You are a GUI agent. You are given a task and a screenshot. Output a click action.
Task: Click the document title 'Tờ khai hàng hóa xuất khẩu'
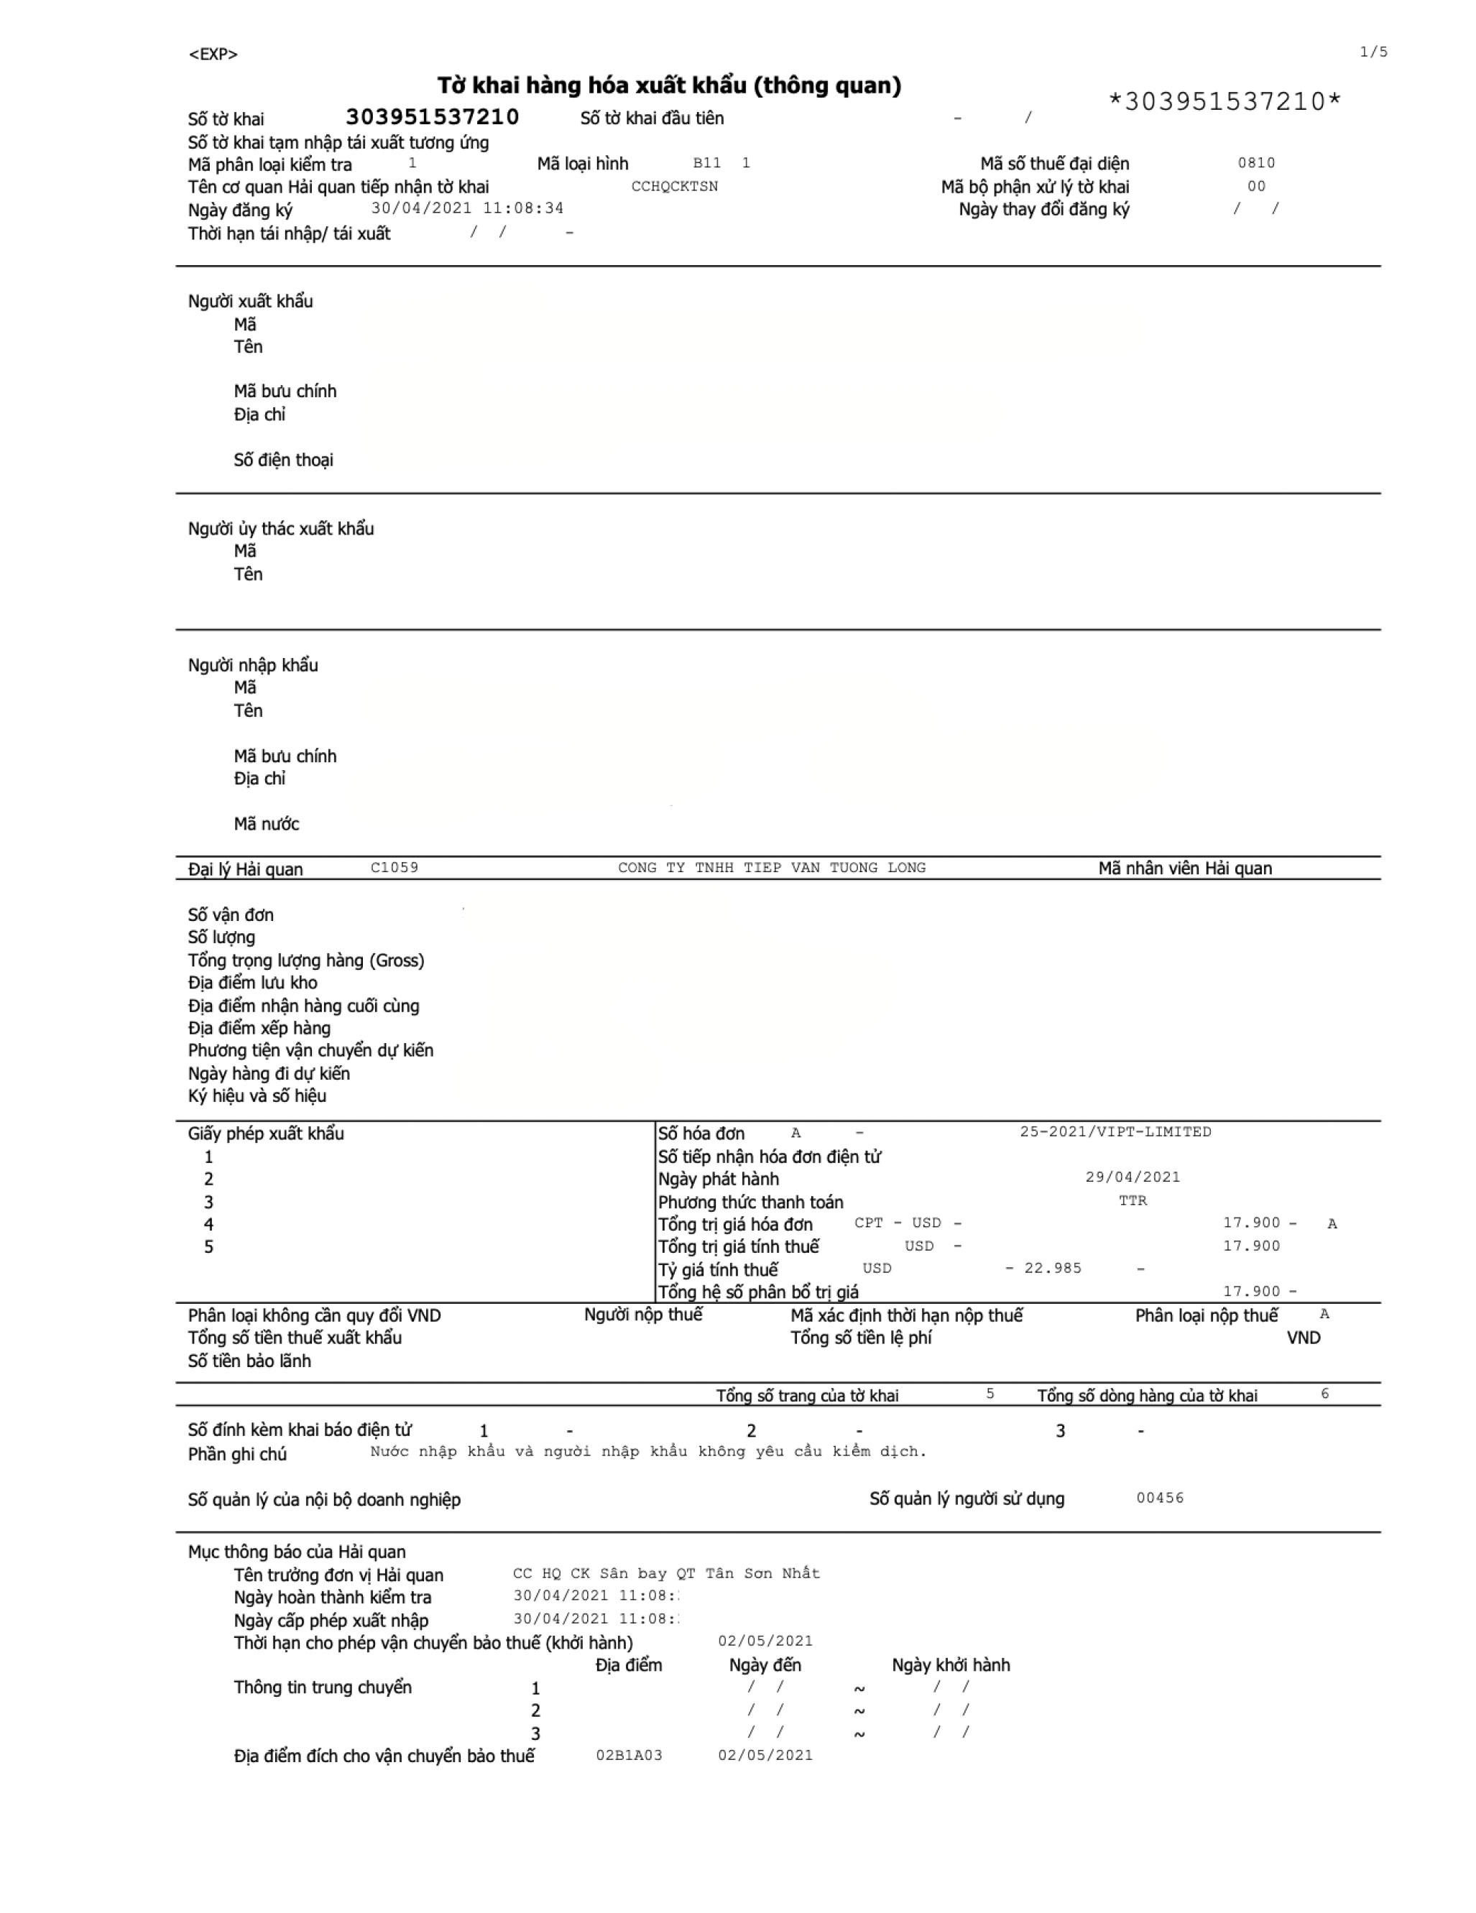click(668, 85)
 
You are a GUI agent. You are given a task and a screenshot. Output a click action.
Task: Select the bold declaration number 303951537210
click(432, 116)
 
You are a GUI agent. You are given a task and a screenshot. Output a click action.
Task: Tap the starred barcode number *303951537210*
click(1224, 101)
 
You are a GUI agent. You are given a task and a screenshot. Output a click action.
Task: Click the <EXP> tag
click(213, 55)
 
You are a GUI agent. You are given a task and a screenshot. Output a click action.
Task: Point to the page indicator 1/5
click(1373, 52)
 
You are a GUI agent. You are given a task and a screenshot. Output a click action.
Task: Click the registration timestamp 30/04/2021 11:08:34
click(467, 208)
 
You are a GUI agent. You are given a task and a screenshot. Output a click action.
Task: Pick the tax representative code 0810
click(1255, 163)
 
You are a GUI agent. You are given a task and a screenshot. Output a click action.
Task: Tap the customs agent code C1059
click(395, 867)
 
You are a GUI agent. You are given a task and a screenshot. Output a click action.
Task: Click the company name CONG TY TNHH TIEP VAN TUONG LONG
click(771, 867)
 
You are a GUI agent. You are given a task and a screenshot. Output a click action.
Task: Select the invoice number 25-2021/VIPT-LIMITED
click(1115, 1131)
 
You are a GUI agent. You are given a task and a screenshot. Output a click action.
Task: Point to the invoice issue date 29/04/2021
click(1132, 1177)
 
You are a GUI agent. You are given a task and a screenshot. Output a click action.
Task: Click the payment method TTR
click(1132, 1200)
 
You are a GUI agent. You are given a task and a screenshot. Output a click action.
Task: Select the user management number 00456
click(1159, 1498)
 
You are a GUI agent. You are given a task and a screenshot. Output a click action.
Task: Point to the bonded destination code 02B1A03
click(628, 1756)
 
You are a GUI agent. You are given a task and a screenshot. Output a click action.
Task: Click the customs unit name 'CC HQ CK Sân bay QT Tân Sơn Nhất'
click(665, 1573)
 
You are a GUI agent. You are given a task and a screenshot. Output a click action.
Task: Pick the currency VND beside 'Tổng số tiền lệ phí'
click(1303, 1338)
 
